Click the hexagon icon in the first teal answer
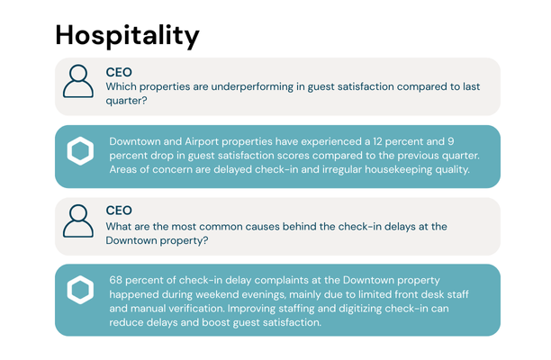[x=81, y=152]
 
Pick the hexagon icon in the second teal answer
[x=81, y=291]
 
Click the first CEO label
[x=119, y=72]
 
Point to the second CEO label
[x=119, y=211]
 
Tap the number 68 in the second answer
[x=117, y=280]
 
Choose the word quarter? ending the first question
[x=127, y=101]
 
